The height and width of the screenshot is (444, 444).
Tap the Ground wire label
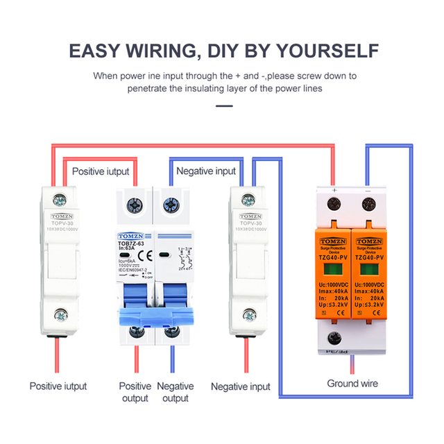tap(352, 384)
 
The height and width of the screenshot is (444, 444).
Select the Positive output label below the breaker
tap(135, 392)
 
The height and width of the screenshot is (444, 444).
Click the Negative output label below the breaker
tap(175, 392)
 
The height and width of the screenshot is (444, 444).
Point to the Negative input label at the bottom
tap(241, 386)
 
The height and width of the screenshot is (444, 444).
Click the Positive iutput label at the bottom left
tap(58, 386)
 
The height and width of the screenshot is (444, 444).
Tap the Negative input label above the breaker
tap(206, 171)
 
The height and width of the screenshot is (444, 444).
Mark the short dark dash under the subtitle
tap(223, 106)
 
